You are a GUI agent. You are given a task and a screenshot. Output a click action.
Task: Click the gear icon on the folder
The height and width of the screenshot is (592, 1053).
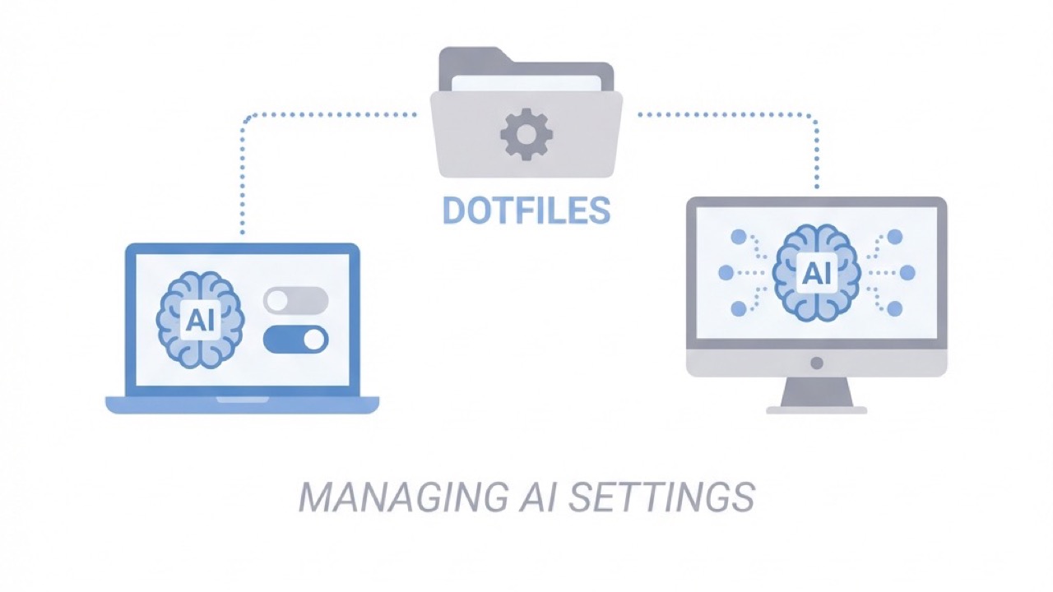point(526,134)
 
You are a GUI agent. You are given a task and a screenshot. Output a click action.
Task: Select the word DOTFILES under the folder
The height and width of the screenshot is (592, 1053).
point(526,210)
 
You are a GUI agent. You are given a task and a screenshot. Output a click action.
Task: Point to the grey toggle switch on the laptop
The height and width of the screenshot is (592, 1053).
point(295,300)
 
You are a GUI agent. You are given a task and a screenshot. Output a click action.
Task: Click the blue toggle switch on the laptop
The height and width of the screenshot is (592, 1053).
point(295,339)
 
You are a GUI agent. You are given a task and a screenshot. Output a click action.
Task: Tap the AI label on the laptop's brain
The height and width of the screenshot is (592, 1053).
point(200,320)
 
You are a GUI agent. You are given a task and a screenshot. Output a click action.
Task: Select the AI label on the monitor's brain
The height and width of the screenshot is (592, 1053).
point(816,272)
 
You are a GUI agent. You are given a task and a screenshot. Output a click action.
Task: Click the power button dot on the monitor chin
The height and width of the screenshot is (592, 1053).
point(816,363)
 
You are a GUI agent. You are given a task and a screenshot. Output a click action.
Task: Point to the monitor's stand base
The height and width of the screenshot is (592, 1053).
point(816,409)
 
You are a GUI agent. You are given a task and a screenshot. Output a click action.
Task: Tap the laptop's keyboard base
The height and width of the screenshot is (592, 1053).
point(242,405)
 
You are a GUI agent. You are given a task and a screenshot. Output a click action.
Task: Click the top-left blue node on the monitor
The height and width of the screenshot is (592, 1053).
point(738,238)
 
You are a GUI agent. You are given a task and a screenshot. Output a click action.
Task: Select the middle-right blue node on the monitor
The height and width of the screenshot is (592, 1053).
point(907,272)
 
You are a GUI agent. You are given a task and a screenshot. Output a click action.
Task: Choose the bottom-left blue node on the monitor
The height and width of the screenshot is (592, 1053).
point(738,308)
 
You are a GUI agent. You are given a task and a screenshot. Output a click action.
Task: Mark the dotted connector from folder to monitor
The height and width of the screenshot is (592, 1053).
point(816,148)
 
